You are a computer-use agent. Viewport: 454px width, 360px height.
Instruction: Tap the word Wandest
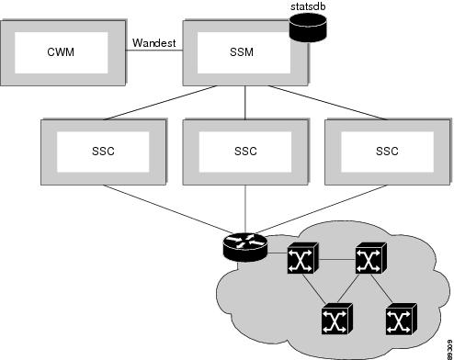pyautogui.click(x=154, y=42)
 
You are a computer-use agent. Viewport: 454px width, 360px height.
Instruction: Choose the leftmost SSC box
pyautogui.click(x=104, y=150)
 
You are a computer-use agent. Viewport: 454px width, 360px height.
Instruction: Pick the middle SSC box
pyautogui.click(x=244, y=150)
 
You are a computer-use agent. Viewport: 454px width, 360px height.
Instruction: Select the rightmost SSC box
pyautogui.click(x=385, y=150)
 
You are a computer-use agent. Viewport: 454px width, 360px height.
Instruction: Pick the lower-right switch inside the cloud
pyautogui.click(x=398, y=320)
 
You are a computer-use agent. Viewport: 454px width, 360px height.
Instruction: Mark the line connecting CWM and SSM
pyautogui.click(x=154, y=52)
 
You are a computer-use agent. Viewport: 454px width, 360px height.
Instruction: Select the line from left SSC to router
pyautogui.click(x=165, y=209)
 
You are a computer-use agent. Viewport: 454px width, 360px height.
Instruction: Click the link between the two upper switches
pyautogui.click(x=333, y=261)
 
